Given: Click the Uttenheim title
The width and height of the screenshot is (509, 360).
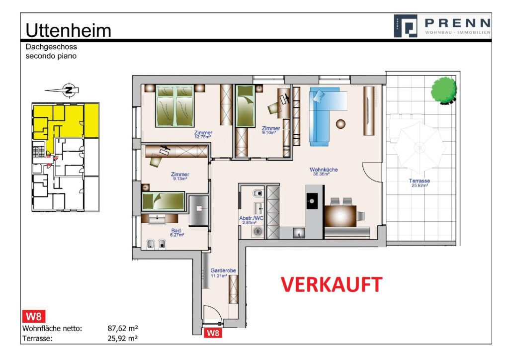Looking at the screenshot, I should (68, 30).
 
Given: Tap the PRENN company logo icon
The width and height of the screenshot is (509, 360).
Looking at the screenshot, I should (406, 26).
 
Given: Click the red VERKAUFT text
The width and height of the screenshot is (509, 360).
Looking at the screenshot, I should (332, 284).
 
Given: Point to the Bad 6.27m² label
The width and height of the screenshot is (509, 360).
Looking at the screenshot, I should (176, 233).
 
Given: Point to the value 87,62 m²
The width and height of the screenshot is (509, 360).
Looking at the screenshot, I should (123, 329).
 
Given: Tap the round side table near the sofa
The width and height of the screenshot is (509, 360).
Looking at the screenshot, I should (341, 123).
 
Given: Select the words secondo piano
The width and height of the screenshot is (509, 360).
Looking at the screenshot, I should (52, 56).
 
